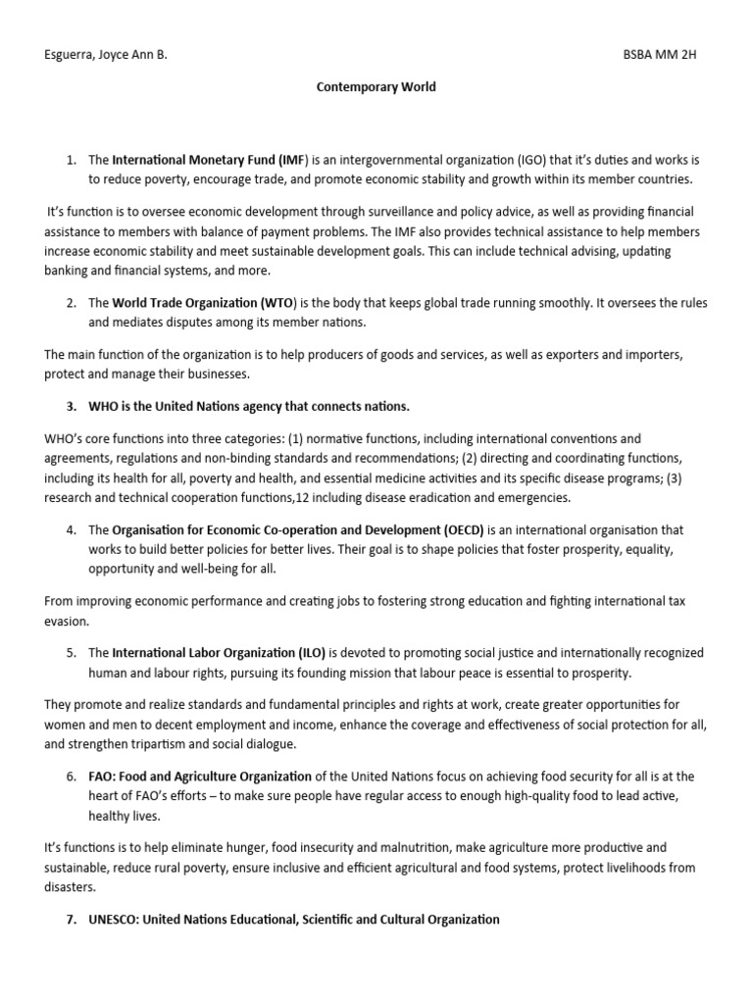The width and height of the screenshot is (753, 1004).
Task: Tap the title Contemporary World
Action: (376, 87)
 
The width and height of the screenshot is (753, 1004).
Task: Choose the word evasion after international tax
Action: (67, 621)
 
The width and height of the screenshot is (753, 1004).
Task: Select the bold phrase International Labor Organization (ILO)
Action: (220, 652)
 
